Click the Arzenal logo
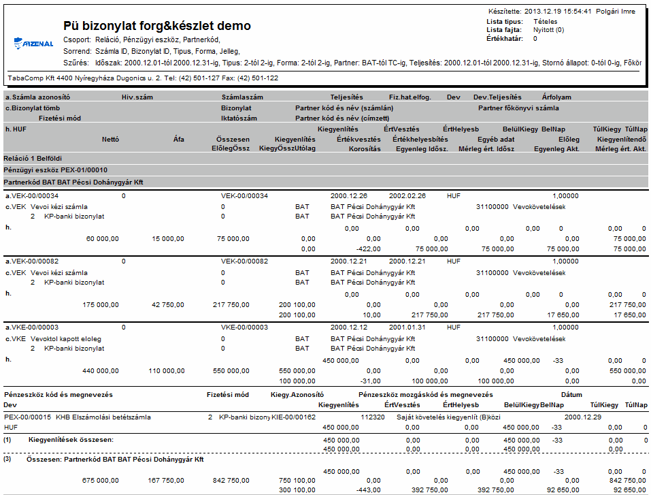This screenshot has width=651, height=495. [33, 43]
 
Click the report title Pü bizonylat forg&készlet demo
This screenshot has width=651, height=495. [157, 26]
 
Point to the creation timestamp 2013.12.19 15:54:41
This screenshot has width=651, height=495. [558, 12]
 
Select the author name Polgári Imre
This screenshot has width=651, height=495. [616, 12]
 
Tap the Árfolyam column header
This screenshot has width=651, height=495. [556, 97]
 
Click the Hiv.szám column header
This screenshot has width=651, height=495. [137, 97]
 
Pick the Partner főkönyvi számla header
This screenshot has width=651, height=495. [518, 108]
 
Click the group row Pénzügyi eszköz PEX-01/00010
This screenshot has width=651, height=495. [55, 170]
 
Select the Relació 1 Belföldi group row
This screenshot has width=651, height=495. [33, 159]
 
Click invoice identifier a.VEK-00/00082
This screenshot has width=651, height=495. [32, 261]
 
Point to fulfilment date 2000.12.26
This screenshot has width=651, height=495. [349, 196]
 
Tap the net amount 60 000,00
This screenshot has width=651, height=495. [102, 239]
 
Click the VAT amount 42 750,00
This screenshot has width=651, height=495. [168, 305]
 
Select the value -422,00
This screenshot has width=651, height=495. [368, 249]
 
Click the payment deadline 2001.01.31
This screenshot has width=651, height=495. [407, 328]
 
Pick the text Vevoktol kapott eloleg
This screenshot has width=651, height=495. [65, 339]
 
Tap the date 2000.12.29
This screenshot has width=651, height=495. [583, 417]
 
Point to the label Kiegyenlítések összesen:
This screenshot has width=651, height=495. [71, 440]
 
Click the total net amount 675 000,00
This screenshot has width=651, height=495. [101, 481]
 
